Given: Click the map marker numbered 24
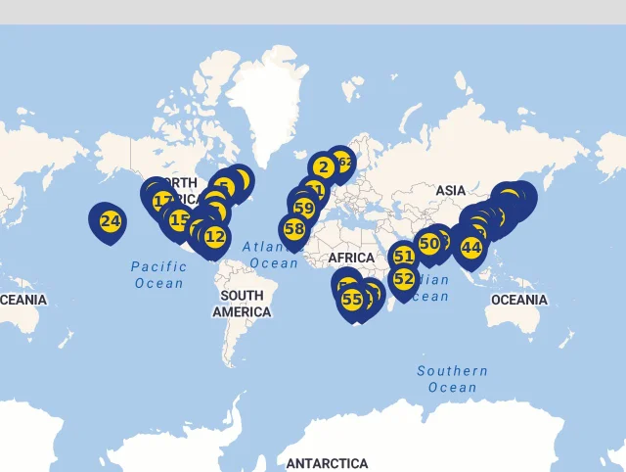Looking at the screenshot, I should point(111,221).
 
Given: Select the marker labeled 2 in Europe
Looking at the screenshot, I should point(324,167).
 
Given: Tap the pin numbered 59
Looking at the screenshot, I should point(304,208).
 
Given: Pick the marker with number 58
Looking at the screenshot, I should point(294,228).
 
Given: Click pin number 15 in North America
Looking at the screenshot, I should point(179,219).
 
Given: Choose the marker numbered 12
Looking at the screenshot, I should point(215,235).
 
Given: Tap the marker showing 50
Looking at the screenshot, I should point(428,243).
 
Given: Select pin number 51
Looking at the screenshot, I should point(404,257).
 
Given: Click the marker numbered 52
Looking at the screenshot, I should point(404,278).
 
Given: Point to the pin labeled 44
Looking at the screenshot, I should point(471,247).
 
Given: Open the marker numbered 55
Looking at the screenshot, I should point(352,299).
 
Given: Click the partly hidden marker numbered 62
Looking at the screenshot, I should point(344,161).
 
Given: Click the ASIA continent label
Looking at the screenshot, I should point(451,190).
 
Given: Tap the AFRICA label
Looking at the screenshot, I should point(351,258).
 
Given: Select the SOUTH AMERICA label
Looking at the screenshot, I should point(242,304).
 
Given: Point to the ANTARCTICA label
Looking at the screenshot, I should point(327,463).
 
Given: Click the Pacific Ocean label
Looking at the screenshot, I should point(158,274).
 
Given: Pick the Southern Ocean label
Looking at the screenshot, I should point(452,379).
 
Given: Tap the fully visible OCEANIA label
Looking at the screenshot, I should point(518,300).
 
